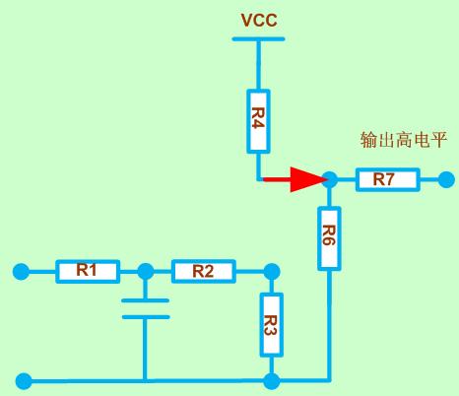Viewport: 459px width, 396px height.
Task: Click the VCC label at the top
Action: point(259,21)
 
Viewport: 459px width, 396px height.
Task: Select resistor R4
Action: point(258,121)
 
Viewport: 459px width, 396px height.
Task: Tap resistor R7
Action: point(388,179)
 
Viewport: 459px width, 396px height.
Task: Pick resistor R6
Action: point(329,238)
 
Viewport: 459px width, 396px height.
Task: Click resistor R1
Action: point(88,271)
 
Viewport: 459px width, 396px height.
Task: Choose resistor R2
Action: point(204,271)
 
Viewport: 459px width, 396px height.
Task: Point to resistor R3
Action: point(272,325)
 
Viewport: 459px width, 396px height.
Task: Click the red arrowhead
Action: point(308,179)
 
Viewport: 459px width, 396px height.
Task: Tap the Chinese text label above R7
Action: point(404,140)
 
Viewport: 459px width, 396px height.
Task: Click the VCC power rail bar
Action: point(258,38)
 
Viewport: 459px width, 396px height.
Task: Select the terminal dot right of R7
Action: point(446,179)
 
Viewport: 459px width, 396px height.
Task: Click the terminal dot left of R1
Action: point(21,272)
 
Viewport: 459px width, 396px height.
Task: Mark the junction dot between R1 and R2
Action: point(146,271)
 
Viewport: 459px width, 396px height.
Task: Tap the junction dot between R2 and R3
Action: point(272,272)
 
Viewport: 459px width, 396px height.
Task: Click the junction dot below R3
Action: point(272,381)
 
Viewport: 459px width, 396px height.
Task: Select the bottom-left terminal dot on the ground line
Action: point(24,381)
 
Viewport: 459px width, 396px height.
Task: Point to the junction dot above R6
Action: point(330,179)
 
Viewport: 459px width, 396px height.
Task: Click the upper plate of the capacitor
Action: point(146,300)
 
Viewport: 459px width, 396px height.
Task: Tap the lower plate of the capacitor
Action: point(146,317)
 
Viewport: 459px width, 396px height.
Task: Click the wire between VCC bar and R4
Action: point(258,65)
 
